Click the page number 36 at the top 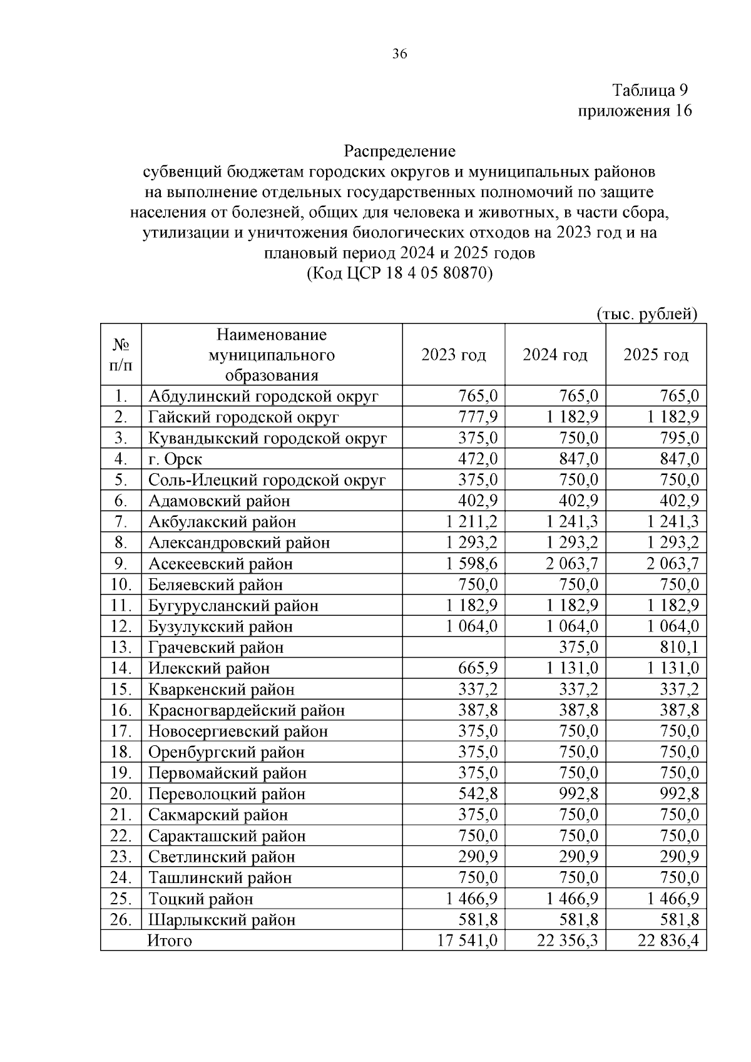click(x=399, y=54)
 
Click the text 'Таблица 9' click(x=651, y=91)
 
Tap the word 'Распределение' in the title click(x=399, y=151)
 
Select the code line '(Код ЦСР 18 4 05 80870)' click(x=399, y=273)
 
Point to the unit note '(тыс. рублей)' click(x=647, y=314)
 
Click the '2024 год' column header click(x=555, y=355)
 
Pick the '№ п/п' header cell click(x=121, y=355)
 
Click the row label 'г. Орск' click(x=176, y=459)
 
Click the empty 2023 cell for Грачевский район click(x=454, y=647)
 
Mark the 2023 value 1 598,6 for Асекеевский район click(x=472, y=564)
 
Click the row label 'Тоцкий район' click(x=201, y=899)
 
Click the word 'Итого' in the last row click(x=169, y=941)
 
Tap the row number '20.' click(x=121, y=794)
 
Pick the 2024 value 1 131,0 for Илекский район click(x=572, y=668)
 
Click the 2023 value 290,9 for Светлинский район click(x=478, y=857)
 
